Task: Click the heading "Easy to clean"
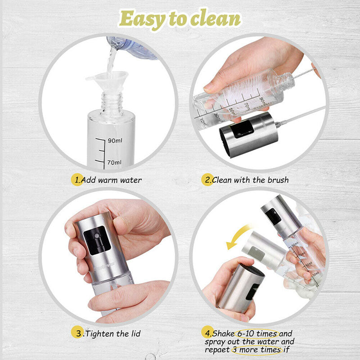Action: [180, 19]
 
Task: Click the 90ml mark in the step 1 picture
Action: [115, 140]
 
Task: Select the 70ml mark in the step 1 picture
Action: [114, 162]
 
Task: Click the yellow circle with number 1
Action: [76, 180]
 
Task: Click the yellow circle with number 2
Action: [207, 180]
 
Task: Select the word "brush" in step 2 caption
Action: [278, 180]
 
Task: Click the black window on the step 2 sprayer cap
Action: [242, 129]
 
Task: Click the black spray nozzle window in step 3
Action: [97, 241]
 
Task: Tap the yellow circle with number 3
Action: [77, 332]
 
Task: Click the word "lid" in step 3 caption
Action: [136, 333]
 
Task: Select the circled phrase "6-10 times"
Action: [257, 333]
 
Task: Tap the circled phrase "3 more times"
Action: [256, 350]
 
